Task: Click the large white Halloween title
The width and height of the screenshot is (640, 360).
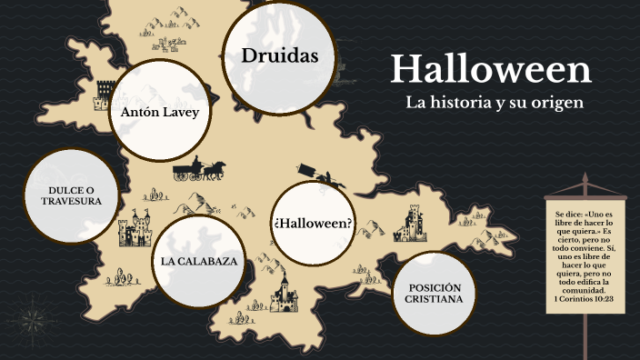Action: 491,70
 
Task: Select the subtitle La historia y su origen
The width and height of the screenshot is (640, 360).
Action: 494,103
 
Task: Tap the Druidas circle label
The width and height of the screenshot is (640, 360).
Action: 279,56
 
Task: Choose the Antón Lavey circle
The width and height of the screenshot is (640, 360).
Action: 159,114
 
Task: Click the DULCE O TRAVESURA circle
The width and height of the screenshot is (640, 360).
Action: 70,195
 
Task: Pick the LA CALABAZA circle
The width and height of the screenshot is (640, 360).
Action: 199,261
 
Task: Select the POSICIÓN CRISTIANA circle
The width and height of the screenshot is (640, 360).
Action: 435,293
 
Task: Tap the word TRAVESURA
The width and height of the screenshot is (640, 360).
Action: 71,202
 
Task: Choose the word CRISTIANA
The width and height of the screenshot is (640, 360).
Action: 435,299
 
